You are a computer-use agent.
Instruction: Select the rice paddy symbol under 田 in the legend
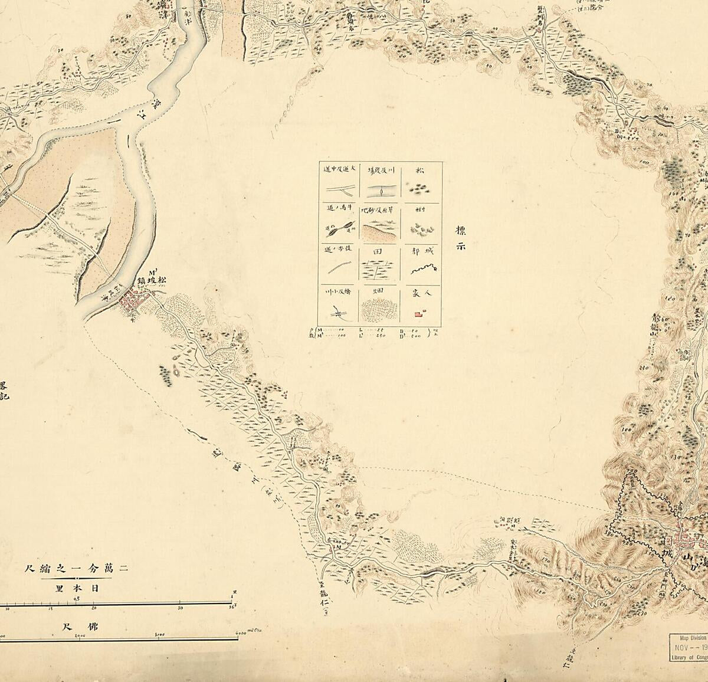click(x=381, y=270)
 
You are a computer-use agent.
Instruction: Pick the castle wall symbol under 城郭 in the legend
click(x=422, y=270)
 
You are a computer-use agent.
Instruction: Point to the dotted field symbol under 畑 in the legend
click(x=381, y=309)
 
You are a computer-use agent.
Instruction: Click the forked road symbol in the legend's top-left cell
click(x=339, y=189)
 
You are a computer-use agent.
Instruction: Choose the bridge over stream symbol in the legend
click(x=339, y=312)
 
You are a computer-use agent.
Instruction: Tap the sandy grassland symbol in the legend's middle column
click(x=381, y=230)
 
